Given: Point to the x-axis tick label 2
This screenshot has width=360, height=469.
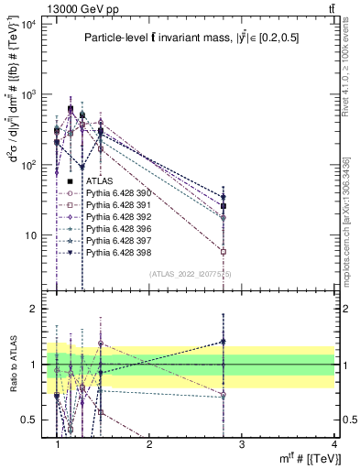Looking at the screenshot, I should tap(149, 445).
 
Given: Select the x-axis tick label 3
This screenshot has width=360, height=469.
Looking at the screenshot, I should tap(241, 445).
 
